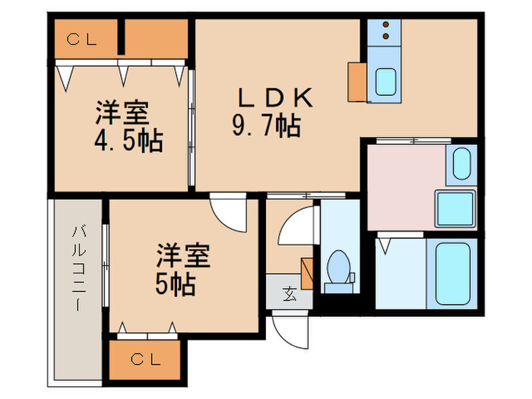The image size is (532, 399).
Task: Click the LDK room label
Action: coord(275,98)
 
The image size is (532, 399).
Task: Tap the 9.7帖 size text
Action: coord(266,125)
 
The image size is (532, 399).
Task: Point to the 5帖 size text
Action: coord(176,284)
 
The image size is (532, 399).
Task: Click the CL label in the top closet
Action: coord(82,40)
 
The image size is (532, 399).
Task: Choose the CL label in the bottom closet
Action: coord(146,359)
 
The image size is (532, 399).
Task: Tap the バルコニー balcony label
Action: coord(78,268)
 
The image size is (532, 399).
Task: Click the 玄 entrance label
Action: coord(290,293)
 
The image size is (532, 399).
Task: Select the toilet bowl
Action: coord(339,267)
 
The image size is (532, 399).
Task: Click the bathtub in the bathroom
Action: coord(453,274)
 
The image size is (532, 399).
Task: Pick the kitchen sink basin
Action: coord(386,82)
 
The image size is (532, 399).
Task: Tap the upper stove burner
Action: coord(386,24)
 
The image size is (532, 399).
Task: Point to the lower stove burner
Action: coord(386,36)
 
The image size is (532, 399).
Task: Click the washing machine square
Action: coord(455,209)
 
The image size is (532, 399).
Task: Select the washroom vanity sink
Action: coord(462,164)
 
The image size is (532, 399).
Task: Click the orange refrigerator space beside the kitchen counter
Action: coord(357,82)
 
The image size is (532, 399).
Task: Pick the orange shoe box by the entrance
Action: coord(307,274)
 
